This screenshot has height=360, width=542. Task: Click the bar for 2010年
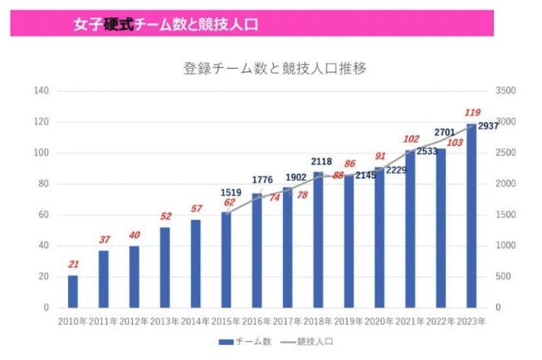[73, 291]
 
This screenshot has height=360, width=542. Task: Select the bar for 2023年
[471, 216]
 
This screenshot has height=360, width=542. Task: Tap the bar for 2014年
[196, 263]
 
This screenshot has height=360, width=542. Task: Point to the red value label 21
[73, 265]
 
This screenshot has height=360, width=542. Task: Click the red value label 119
[472, 113]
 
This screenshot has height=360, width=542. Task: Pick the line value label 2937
[487, 126]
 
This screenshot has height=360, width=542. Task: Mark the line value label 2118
[322, 162]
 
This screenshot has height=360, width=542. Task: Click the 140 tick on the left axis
[41, 90]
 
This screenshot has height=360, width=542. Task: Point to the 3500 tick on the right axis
[505, 90]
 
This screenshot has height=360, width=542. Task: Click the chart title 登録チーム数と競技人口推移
[275, 68]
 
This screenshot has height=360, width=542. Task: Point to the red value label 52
[165, 216]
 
